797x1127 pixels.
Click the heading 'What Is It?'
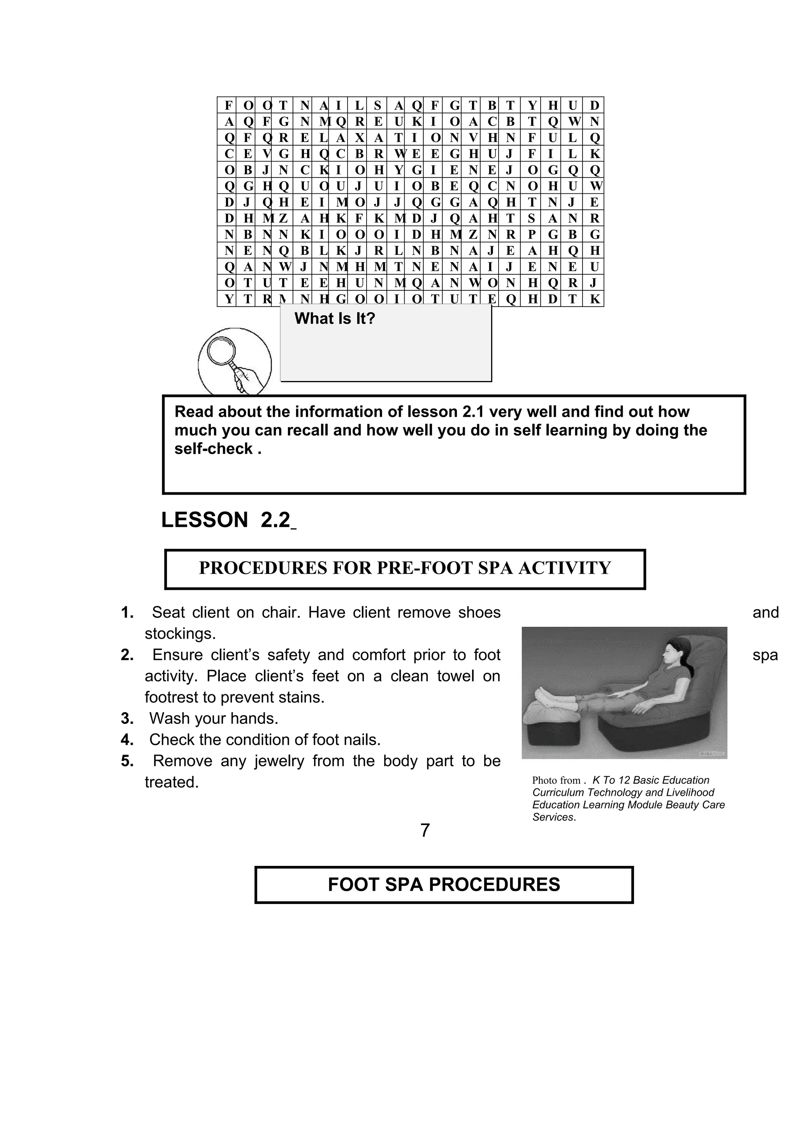coord(335,319)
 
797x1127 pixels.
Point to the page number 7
coord(425,830)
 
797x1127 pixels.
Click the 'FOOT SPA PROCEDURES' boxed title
coord(444,885)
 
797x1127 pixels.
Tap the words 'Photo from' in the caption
coord(556,781)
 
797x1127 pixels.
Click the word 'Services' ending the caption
coord(553,817)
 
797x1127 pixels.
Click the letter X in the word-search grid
coord(359,138)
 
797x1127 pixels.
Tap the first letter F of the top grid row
coord(228,105)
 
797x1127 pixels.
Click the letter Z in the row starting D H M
coord(283,218)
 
